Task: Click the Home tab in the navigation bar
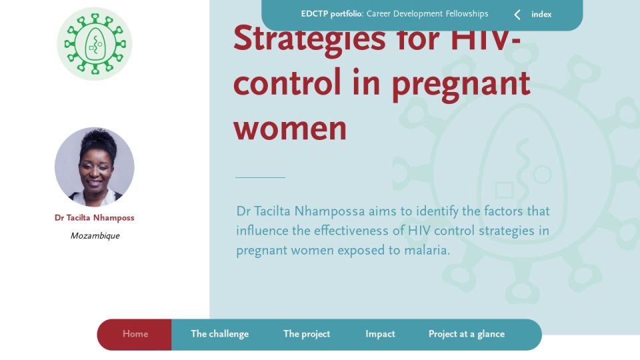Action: pos(135,334)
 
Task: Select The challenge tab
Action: pos(219,334)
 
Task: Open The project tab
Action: pos(307,334)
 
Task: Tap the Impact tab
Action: pos(380,334)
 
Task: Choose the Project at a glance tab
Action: pos(467,334)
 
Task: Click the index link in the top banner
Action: pos(541,14)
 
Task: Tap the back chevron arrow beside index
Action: pos(517,15)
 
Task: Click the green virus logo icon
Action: pos(95,44)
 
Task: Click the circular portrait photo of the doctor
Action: pos(94,167)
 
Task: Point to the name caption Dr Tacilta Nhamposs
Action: pos(94,217)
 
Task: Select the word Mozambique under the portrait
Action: pos(95,235)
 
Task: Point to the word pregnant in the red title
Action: pos(461,85)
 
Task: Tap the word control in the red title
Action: pos(287,81)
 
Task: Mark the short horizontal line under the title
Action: pos(261,177)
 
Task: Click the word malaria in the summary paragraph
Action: pos(427,250)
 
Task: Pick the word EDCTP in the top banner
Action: pos(314,14)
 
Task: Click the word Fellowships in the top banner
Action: pos(467,14)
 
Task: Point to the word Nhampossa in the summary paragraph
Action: pos(329,212)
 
